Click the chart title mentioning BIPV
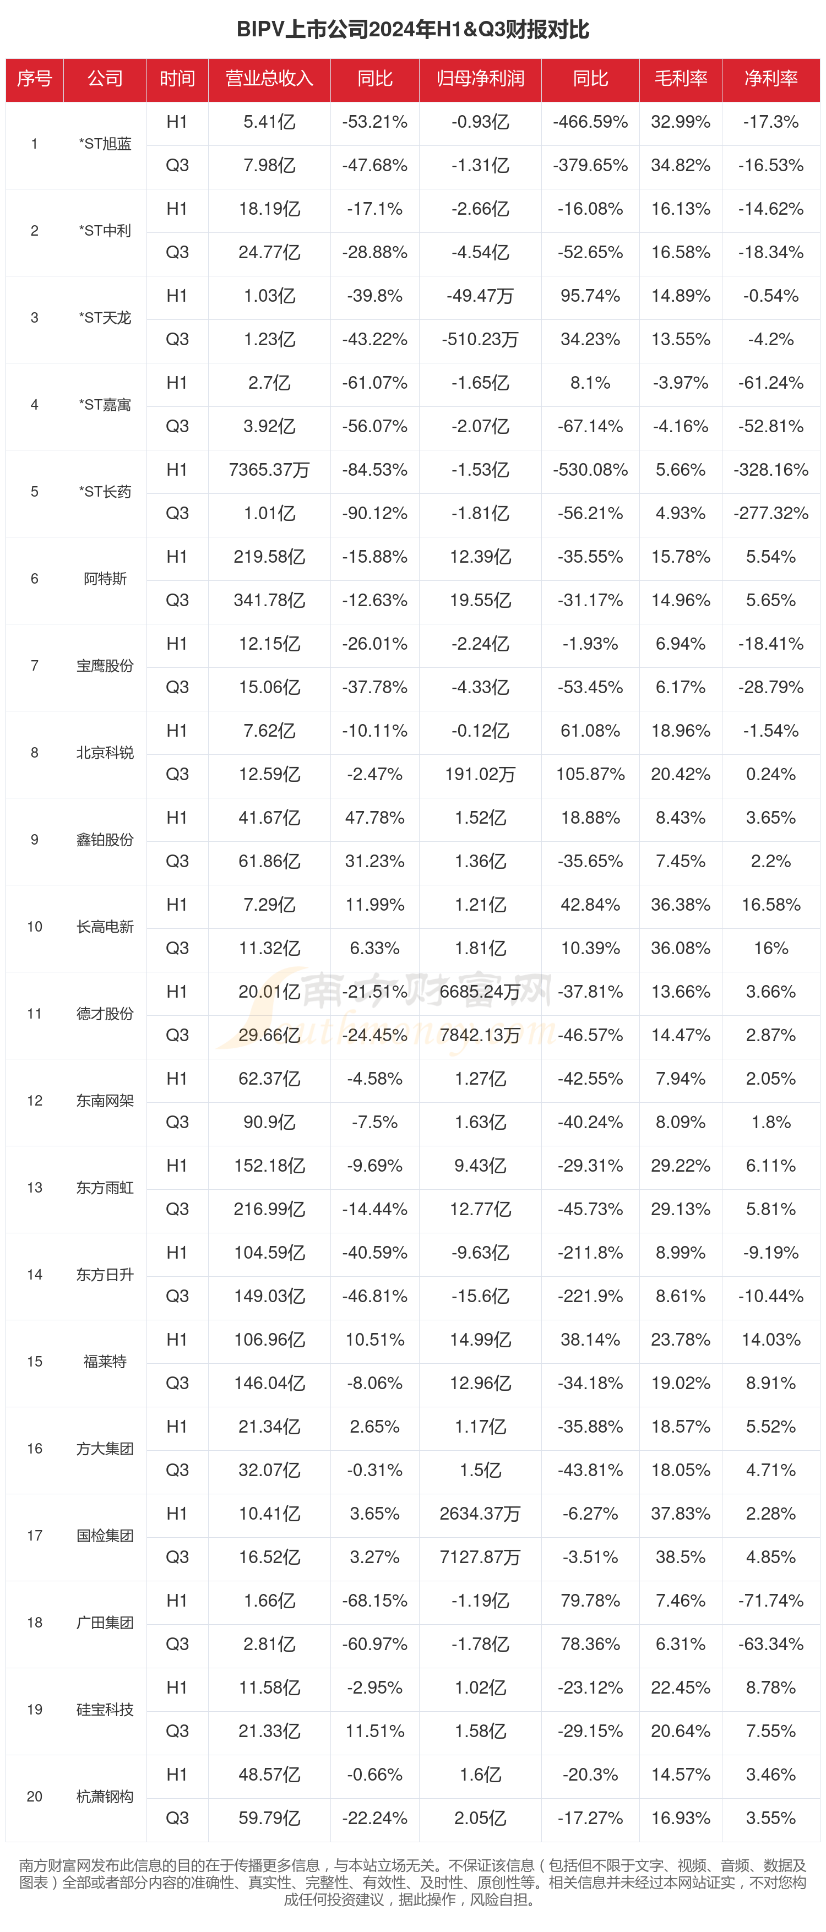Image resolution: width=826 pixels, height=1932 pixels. [412, 29]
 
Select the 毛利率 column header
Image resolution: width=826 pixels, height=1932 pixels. [681, 79]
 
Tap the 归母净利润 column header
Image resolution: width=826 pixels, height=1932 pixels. [480, 79]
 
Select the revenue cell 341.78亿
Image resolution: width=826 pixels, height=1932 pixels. [269, 601]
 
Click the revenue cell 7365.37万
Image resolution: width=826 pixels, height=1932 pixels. [269, 470]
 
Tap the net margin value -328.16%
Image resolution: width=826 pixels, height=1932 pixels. [770, 470]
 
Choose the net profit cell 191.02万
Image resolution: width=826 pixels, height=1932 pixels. [480, 775]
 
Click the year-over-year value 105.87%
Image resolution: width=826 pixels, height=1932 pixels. [590, 775]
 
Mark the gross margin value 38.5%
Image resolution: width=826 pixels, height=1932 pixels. [681, 1557]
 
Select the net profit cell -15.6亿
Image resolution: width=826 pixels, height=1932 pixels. [480, 1296]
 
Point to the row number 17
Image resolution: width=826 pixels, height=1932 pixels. [35, 1535]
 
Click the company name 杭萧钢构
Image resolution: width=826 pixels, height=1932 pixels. [105, 1796]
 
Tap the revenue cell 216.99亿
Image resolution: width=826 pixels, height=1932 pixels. [269, 1209]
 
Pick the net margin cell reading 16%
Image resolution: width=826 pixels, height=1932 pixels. [770, 948]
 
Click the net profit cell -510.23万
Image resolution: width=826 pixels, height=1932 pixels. [480, 340]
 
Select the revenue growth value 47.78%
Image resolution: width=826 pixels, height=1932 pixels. [374, 818]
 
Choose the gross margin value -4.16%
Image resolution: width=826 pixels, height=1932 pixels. [681, 427]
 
